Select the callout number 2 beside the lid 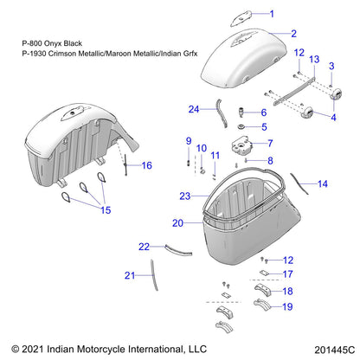294,34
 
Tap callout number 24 195,109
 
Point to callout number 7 294,143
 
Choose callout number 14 323,183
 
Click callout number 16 146,165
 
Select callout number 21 130,276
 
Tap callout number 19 287,306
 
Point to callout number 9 187,140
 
